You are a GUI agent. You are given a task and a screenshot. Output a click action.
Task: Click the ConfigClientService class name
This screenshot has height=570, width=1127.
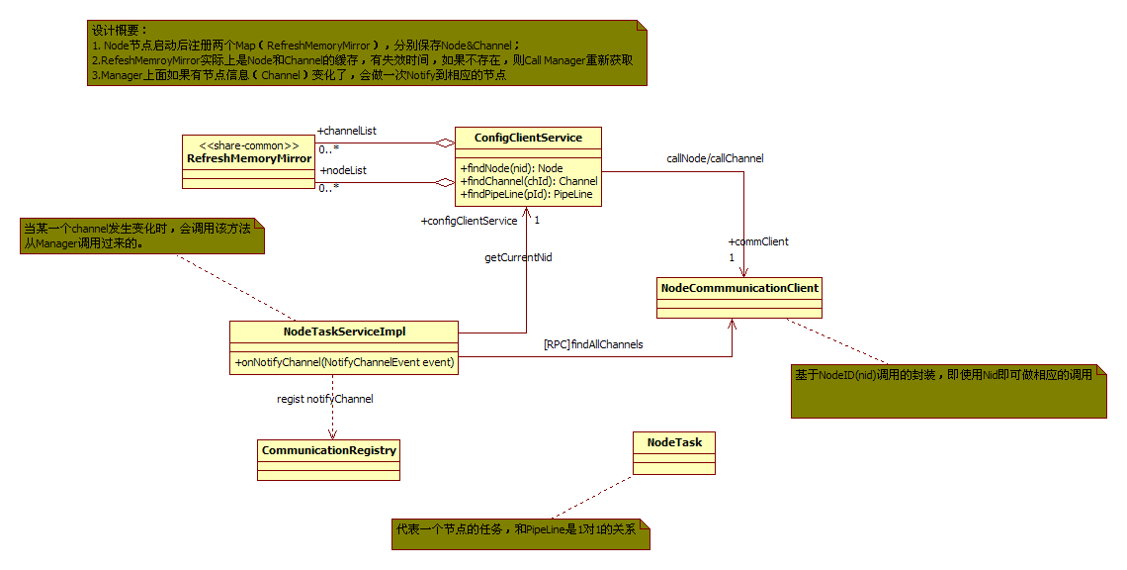pos(528,138)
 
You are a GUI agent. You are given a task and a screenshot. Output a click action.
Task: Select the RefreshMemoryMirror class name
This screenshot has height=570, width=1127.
pos(249,158)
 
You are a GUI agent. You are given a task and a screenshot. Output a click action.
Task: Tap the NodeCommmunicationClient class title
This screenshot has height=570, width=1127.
pos(738,289)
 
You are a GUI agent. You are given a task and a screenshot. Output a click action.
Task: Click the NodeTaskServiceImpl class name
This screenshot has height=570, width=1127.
pos(344,332)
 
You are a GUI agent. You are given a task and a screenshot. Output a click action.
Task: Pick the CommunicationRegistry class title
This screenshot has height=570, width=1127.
pos(329,450)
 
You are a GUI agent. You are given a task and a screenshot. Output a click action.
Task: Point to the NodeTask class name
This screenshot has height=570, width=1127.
pos(674,442)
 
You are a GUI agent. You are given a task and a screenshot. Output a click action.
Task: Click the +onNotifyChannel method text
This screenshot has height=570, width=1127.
pos(344,362)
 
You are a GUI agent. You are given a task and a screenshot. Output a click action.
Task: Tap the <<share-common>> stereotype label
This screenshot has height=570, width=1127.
pos(249,144)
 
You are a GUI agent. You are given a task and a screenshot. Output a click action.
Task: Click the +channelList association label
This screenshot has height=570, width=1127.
pos(347,131)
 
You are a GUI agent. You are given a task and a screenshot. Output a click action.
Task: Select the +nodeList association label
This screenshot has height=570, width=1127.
pos(343,170)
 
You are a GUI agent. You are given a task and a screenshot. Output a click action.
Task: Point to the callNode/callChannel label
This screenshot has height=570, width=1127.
pos(715,158)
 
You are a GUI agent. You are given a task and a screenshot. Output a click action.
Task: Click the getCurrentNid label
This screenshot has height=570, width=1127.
pos(518,257)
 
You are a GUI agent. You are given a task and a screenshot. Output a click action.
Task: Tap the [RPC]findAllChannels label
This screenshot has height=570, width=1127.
pos(593,344)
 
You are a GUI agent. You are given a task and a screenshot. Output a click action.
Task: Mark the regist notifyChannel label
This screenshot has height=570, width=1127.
pos(324,399)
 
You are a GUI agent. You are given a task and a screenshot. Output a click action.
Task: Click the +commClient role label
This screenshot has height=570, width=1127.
pos(758,241)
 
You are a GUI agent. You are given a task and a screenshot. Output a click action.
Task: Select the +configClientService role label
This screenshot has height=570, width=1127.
pos(469,221)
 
